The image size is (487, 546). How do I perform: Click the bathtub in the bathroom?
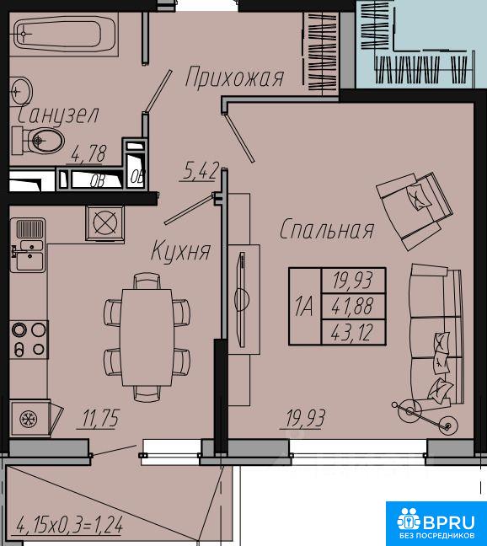pyautogui.click(x=65, y=34)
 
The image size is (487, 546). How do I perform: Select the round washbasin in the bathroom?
pyautogui.click(x=21, y=91)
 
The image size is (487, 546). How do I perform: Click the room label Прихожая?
pyautogui.click(x=234, y=77)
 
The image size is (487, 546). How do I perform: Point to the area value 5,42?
pyautogui.click(x=200, y=171)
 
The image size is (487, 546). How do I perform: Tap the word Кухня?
pyautogui.click(x=181, y=251)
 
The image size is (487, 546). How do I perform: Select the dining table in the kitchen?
pyautogui.click(x=147, y=337)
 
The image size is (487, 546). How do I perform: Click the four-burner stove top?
pyautogui.click(x=29, y=340)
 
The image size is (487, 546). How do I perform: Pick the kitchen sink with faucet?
pyautogui.click(x=28, y=245)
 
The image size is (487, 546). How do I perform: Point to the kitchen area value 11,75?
pyautogui.click(x=100, y=418)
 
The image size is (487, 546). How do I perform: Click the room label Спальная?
pyautogui.click(x=327, y=229)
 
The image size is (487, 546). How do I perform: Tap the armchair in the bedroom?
pyautogui.click(x=415, y=211)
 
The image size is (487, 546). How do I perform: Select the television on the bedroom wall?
pyautogui.click(x=240, y=299)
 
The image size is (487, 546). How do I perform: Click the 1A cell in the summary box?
pyautogui.click(x=305, y=307)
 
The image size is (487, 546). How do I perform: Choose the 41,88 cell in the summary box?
pyautogui.click(x=353, y=306)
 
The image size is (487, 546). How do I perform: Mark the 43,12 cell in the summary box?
pyautogui.click(x=353, y=332)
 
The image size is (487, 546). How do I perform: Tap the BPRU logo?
pyautogui.click(x=436, y=522)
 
